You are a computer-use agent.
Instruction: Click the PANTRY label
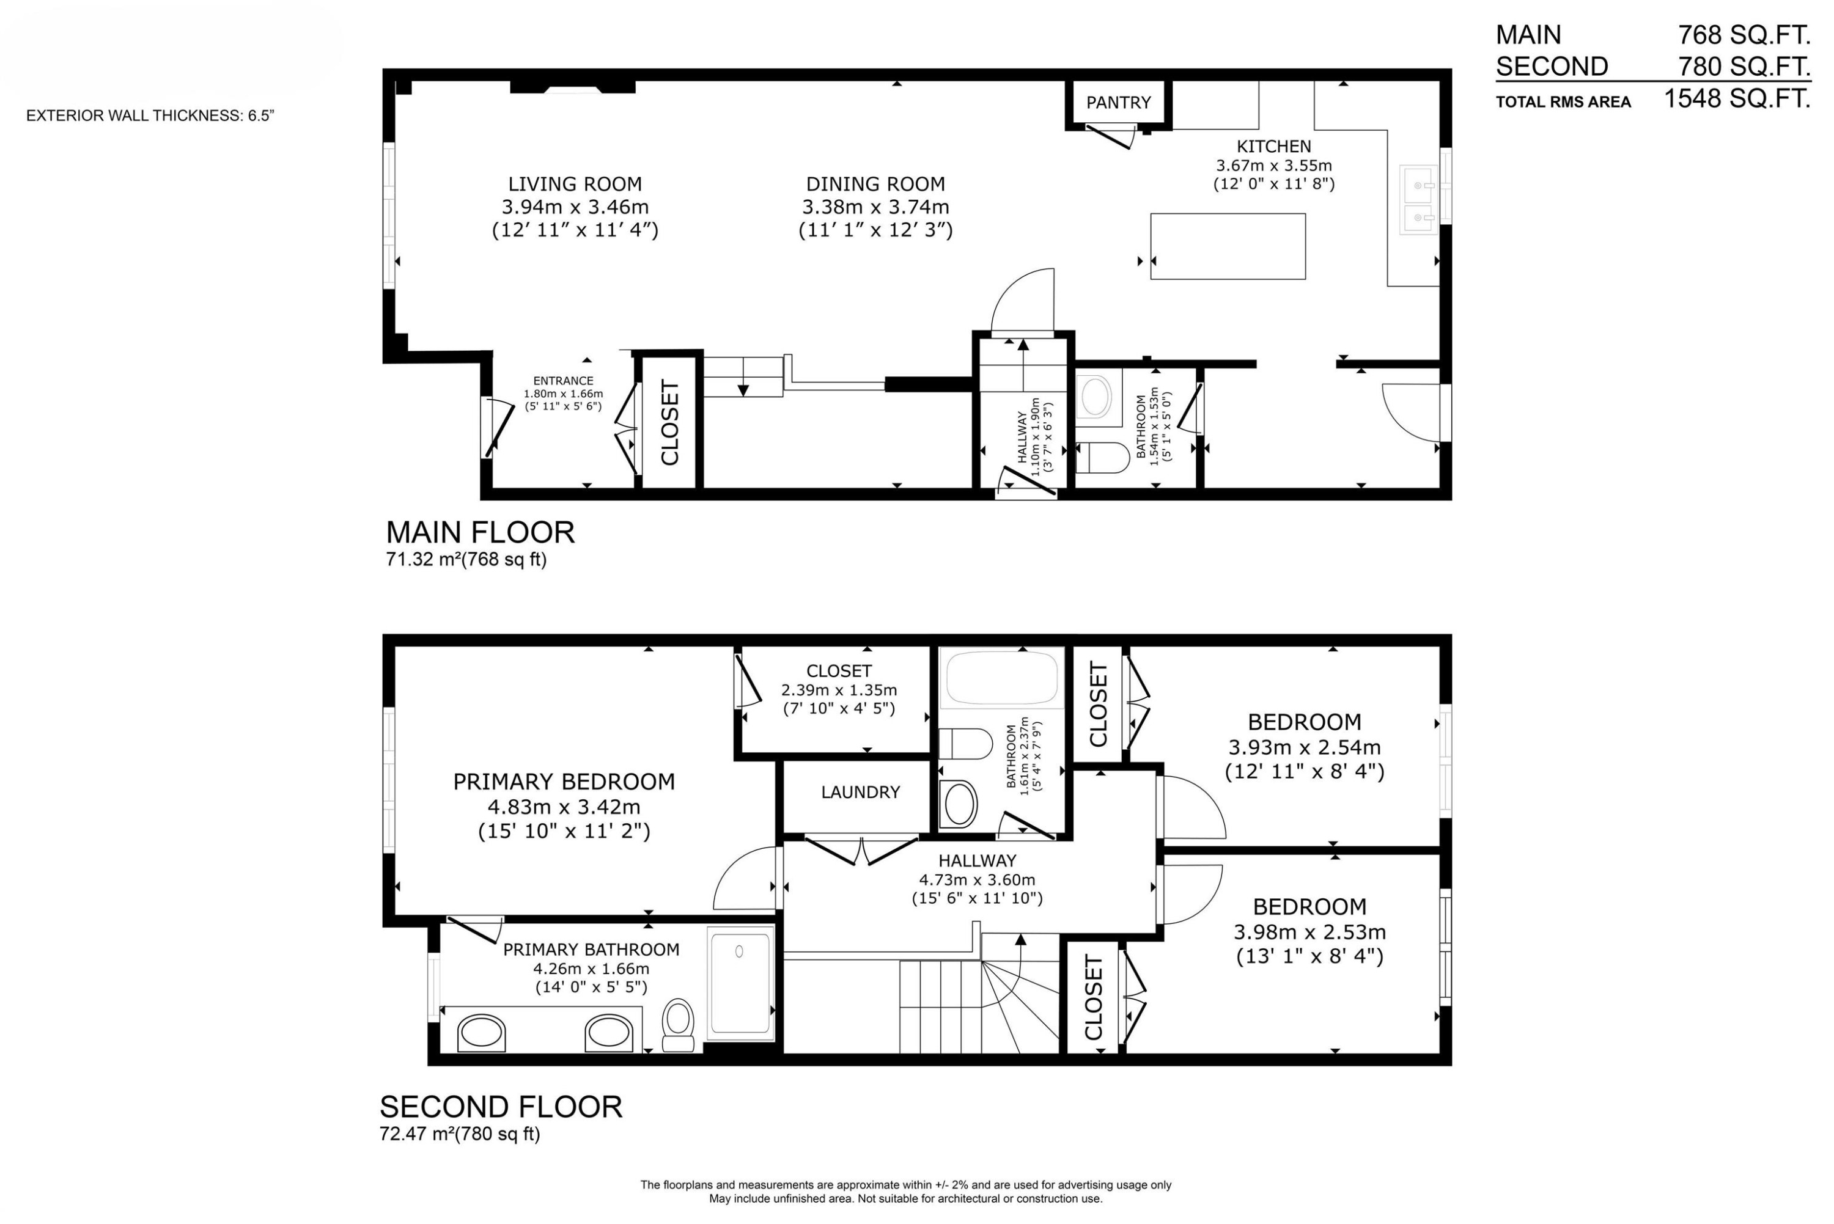coord(1118,102)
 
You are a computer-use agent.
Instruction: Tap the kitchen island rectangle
coord(1228,246)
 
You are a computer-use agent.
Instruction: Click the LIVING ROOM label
coord(575,184)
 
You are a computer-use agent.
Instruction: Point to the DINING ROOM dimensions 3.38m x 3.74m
coord(875,208)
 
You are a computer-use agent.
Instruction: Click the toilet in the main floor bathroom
coord(1102,458)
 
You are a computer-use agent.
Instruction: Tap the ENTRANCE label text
coord(563,381)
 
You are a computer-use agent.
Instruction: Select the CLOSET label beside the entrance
coord(670,422)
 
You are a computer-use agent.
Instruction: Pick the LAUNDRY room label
coord(860,793)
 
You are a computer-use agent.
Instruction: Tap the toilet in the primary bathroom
coord(678,1026)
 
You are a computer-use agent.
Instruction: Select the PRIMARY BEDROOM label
coord(564,782)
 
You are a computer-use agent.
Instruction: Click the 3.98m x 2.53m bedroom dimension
coord(1309,932)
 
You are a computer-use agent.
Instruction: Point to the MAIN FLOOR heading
coord(480,532)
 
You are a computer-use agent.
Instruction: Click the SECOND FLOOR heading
coord(501,1107)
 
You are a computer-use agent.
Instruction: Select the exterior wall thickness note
coord(150,116)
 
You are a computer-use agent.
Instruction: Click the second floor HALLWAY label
coord(977,861)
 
